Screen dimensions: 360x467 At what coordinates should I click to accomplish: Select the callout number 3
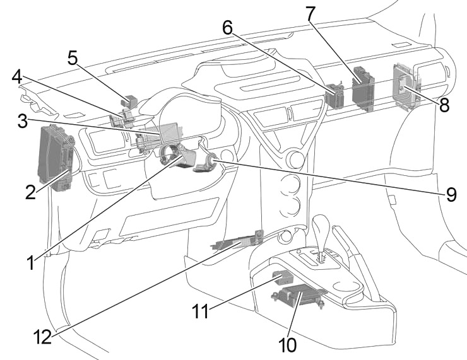pyautogui.click(x=23, y=120)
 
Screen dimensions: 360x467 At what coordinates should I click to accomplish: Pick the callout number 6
pyautogui.click(x=228, y=27)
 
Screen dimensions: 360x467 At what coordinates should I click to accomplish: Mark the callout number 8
pyautogui.click(x=444, y=105)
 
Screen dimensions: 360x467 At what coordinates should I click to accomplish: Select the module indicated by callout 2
pyautogui.click(x=56, y=156)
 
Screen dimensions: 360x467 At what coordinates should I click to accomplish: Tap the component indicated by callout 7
pyautogui.click(x=362, y=88)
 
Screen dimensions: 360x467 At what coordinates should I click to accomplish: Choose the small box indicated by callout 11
pyautogui.click(x=281, y=277)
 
